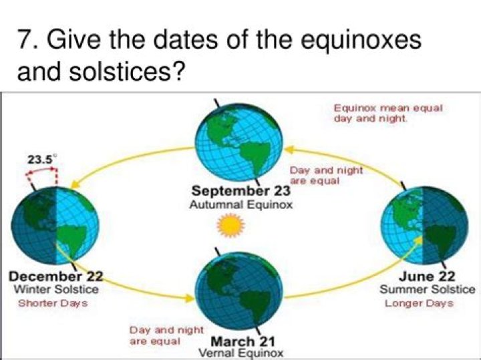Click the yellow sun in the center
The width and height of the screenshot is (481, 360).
pyautogui.click(x=230, y=226)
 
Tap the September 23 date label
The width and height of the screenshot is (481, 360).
pyautogui.click(x=240, y=191)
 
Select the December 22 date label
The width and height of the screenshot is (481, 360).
pyautogui.click(x=56, y=277)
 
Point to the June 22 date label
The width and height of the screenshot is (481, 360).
pyautogui.click(x=427, y=277)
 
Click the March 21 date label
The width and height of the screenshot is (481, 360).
pyautogui.click(x=243, y=341)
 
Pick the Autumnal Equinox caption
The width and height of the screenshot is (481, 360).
pyautogui.click(x=241, y=204)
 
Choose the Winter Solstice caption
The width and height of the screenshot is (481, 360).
pyautogui.click(x=56, y=289)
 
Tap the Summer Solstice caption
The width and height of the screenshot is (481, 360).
pyautogui.click(x=428, y=289)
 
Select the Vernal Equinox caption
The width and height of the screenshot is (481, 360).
pyautogui.click(x=241, y=353)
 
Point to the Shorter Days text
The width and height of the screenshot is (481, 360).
pyautogui.click(x=53, y=303)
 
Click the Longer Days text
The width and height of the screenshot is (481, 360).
pyautogui.click(x=419, y=304)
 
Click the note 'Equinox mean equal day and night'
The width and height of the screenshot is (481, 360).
pyautogui.click(x=388, y=113)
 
